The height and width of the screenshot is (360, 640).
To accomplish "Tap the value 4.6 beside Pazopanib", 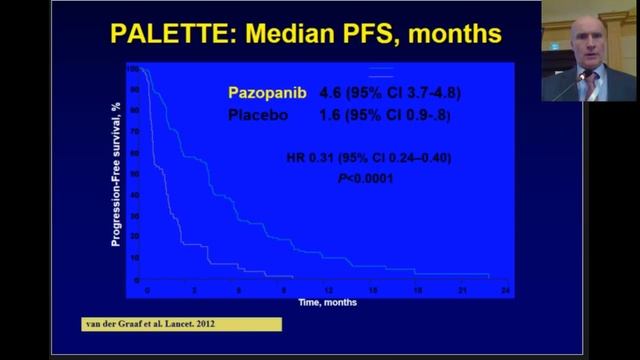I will (329, 93).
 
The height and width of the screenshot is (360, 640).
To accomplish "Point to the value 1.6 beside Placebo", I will (329, 116).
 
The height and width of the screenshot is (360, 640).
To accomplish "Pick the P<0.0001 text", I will (364, 178).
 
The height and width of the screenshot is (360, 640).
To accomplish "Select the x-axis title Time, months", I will (326, 300).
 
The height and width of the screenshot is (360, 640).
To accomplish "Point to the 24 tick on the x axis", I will (506, 289).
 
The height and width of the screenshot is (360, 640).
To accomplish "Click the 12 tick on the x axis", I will (326, 289).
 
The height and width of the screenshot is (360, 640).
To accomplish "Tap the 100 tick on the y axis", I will (132, 68).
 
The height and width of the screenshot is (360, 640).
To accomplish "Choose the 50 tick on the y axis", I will (134, 175).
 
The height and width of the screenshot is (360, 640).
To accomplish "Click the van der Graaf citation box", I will (181, 324).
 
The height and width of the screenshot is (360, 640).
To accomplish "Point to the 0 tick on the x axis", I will (146, 289).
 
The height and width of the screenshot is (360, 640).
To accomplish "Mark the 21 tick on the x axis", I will (462, 289).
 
